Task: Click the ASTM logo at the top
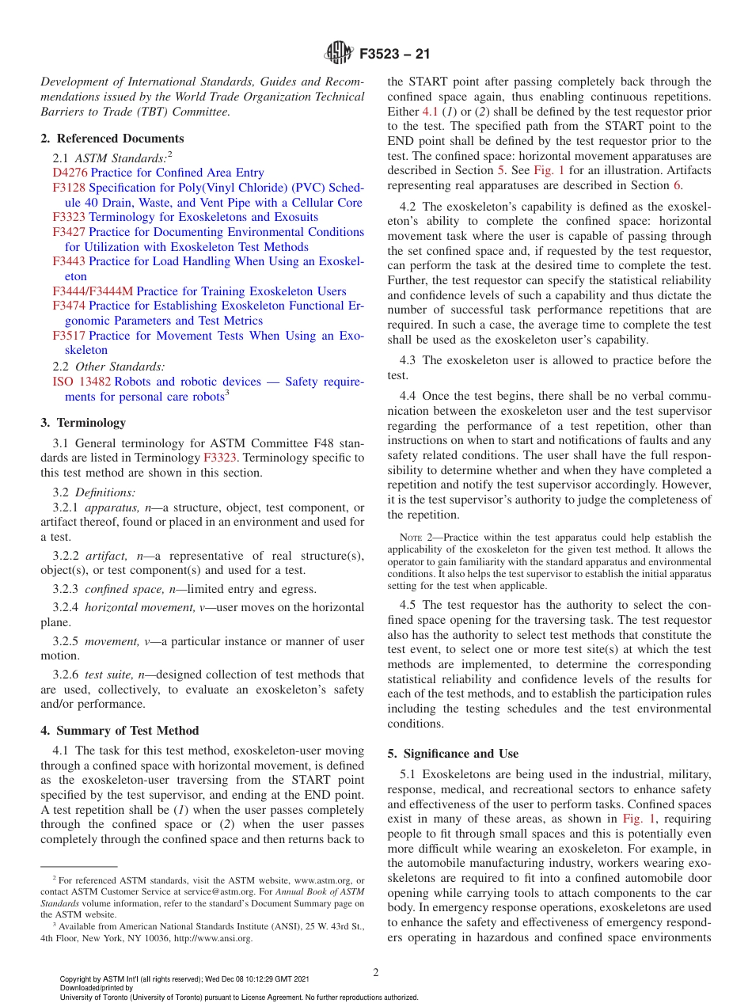point(339,54)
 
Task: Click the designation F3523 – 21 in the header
point(394,55)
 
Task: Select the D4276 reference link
point(70,173)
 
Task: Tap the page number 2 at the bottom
point(376,972)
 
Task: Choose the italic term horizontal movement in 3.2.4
point(133,607)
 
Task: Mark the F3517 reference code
point(69,336)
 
